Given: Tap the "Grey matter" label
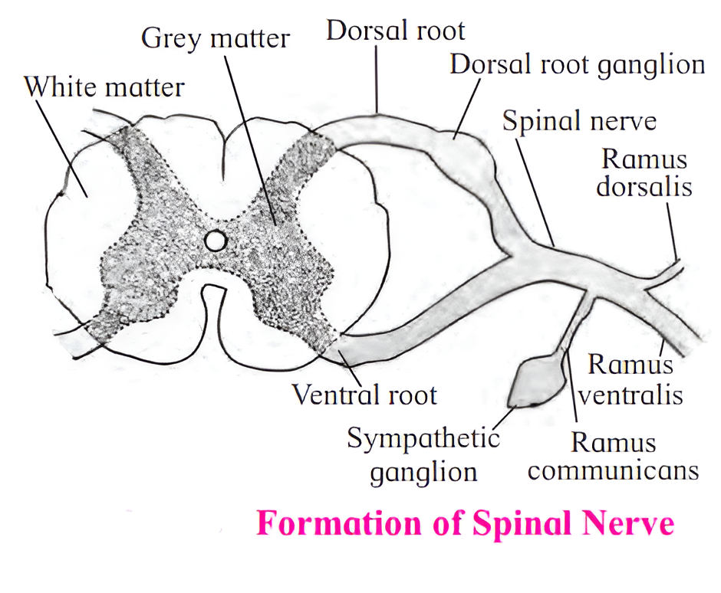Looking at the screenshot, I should (x=216, y=38).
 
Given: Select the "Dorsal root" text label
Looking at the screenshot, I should (x=395, y=31).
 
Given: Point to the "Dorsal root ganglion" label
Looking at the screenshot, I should (x=577, y=64).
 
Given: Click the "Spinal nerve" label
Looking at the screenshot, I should (x=578, y=120).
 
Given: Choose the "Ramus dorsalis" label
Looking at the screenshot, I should (x=645, y=172).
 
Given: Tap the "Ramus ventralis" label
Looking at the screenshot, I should (x=630, y=380).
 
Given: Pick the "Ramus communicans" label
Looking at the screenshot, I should (x=613, y=456).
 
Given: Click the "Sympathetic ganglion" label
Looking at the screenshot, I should (x=423, y=455).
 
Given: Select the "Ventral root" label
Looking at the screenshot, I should (x=364, y=395).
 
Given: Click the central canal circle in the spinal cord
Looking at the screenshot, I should (x=216, y=241).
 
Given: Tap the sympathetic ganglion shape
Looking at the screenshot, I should (x=532, y=380).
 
